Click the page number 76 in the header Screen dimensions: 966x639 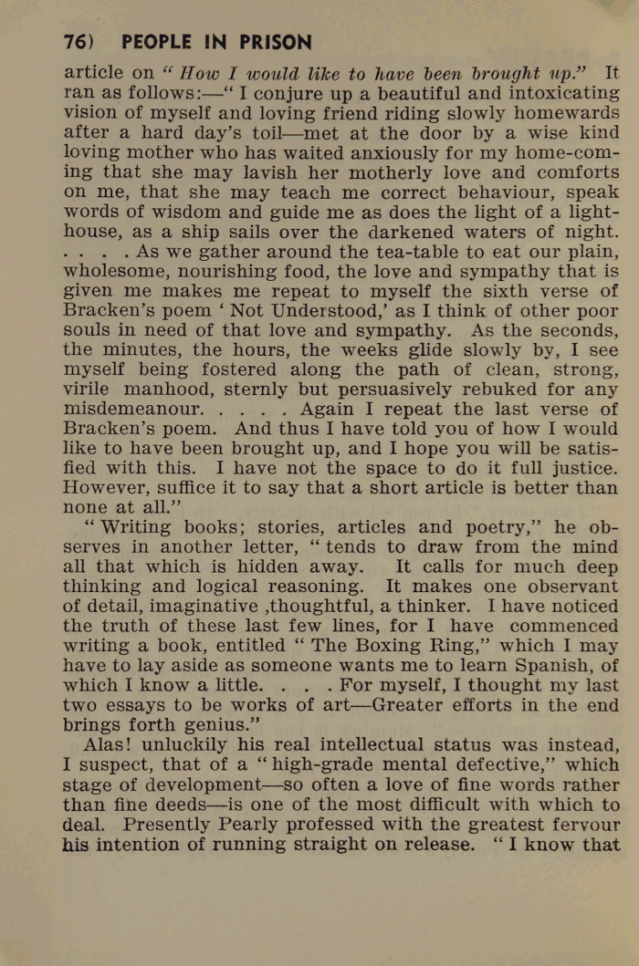pos(74,43)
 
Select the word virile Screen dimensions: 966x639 pos(93,390)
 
